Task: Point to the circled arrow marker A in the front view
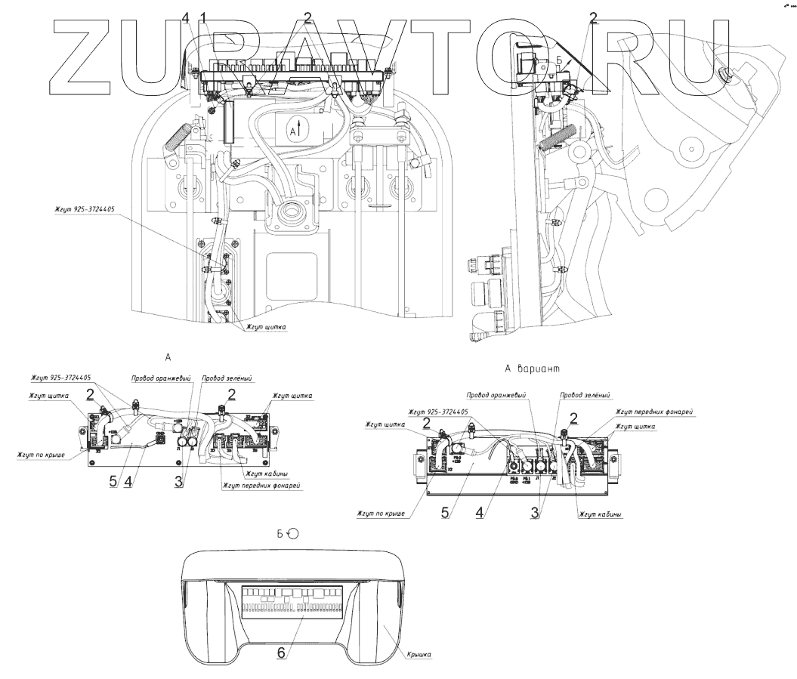click(296, 130)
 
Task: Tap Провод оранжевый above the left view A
click(160, 377)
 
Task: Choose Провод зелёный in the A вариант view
click(584, 394)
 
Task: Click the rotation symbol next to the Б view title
click(293, 534)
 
